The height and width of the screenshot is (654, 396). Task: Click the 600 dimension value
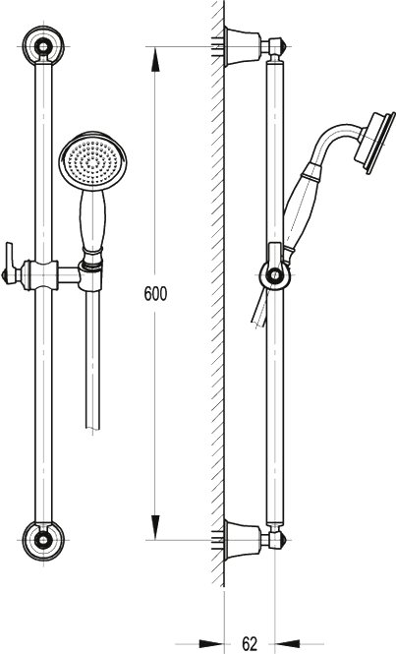click(x=155, y=294)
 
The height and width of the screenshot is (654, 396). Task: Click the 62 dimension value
click(x=250, y=643)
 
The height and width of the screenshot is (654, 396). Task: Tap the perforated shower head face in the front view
click(x=92, y=160)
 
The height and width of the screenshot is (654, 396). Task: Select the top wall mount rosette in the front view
click(x=43, y=45)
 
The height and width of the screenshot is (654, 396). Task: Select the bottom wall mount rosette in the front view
click(x=43, y=540)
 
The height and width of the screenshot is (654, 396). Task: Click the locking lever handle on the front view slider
click(x=10, y=264)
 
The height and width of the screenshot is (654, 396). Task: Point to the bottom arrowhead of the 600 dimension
click(x=155, y=527)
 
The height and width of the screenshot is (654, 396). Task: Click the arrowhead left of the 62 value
click(x=212, y=644)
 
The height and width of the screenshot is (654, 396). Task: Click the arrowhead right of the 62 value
click(x=287, y=644)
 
